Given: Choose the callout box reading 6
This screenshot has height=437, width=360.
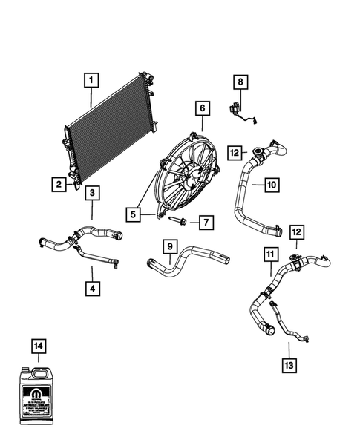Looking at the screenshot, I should [x=201, y=109].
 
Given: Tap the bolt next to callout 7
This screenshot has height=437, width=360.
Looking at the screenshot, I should [x=180, y=220].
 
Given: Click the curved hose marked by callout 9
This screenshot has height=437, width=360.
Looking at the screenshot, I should [x=186, y=260].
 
